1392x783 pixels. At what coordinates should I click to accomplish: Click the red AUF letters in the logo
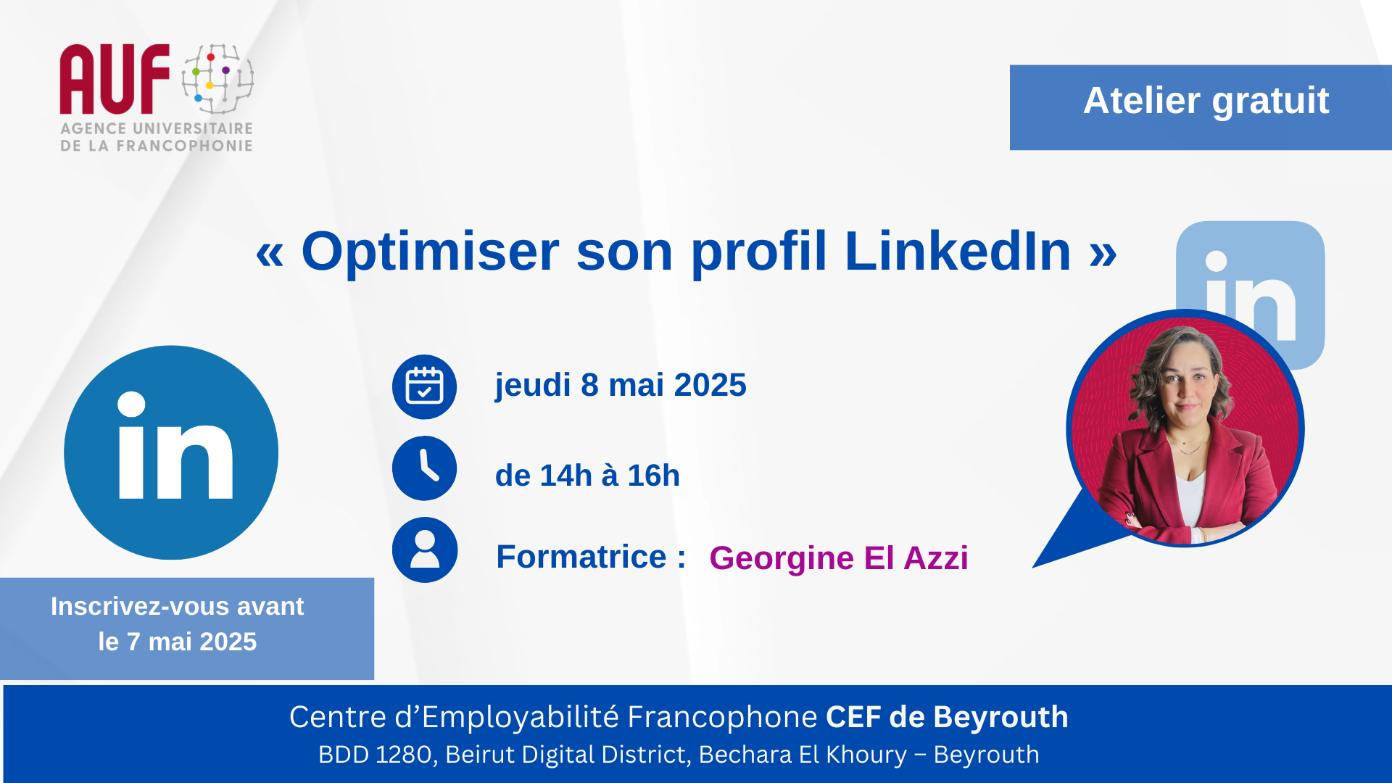(x=115, y=79)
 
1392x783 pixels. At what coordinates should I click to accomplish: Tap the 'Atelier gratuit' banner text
(x=1206, y=101)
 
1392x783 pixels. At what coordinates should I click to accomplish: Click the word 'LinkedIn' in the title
(x=958, y=252)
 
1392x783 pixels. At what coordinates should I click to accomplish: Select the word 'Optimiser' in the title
(x=430, y=252)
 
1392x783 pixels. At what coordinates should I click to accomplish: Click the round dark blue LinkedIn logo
(x=171, y=452)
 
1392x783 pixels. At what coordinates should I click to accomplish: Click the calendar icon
(x=424, y=386)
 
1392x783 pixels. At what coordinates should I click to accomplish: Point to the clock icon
(x=424, y=468)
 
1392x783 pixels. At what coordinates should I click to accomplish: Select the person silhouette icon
(x=424, y=550)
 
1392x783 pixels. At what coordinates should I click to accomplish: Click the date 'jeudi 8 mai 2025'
(x=621, y=385)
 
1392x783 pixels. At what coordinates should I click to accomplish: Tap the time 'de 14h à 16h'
(x=587, y=476)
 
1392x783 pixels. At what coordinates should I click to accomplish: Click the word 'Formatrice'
(x=581, y=557)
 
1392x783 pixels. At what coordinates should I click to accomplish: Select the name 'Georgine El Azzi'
(x=839, y=558)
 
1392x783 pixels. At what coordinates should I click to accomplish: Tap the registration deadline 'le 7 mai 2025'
(x=178, y=642)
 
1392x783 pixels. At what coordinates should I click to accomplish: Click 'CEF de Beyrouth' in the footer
(x=947, y=717)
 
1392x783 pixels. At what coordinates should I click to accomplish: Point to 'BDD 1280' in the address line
(x=376, y=755)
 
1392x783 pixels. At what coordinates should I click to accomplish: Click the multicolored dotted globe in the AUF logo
(x=217, y=78)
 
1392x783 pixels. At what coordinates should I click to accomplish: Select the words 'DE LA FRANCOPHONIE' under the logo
(x=157, y=146)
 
